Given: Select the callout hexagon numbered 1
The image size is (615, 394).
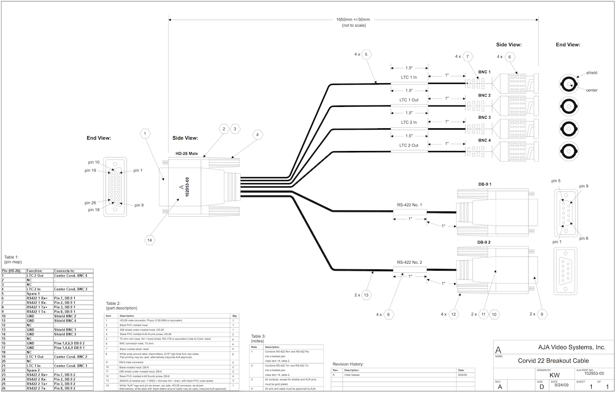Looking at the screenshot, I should [145, 134].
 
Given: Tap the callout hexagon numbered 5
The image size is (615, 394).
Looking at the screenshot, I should [366, 55].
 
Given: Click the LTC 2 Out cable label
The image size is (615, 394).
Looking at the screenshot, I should [409, 146].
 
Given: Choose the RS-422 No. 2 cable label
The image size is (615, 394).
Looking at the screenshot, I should [409, 262].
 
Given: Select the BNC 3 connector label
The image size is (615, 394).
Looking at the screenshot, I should [484, 117].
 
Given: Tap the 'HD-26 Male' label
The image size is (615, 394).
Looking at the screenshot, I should [187, 154].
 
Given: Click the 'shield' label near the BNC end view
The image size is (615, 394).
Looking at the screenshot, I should [592, 73].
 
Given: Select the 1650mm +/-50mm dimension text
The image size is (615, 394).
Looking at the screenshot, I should [353, 20].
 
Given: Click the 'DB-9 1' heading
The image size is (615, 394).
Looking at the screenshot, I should [488, 184].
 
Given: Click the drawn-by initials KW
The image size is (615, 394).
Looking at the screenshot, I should [555, 375].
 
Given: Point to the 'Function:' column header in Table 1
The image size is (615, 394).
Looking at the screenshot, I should [34, 271].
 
